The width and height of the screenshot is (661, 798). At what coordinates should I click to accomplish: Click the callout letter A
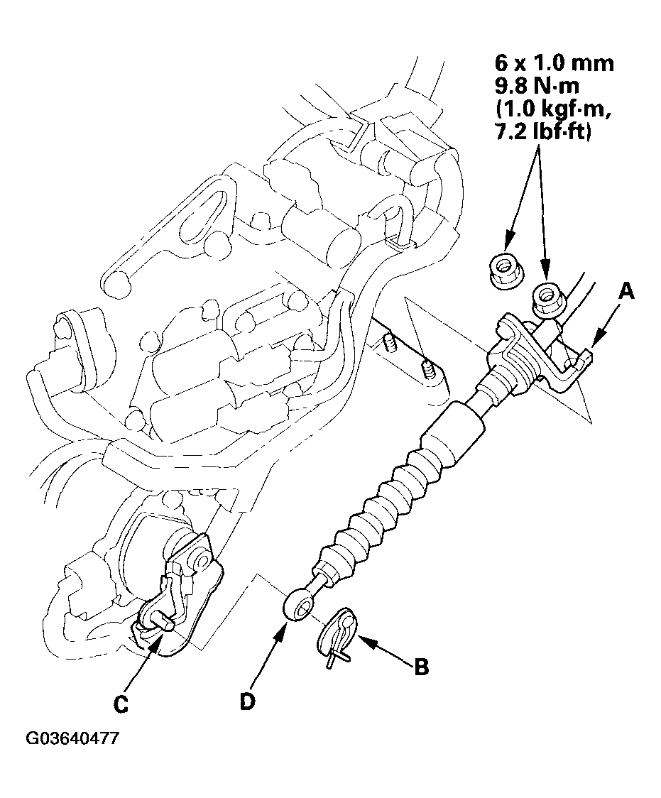tap(626, 290)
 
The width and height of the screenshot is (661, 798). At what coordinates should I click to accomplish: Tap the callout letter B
tap(420, 668)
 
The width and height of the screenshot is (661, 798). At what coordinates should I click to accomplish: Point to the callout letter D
tap(246, 700)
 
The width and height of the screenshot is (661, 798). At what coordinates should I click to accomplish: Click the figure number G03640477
tap(72, 738)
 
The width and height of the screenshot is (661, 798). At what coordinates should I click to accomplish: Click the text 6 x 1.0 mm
tap(554, 63)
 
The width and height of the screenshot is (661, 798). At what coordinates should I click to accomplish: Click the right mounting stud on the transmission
tap(427, 369)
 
